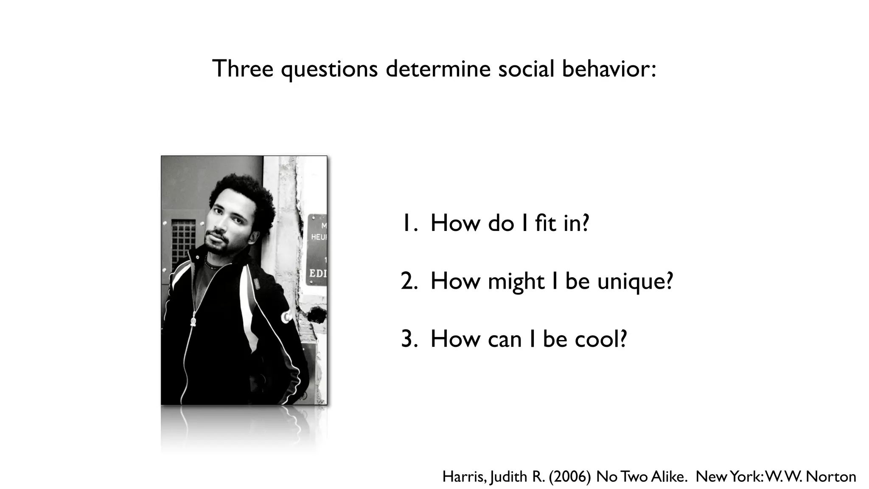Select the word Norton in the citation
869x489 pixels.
pos(830,477)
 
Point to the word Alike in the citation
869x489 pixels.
pos(669,477)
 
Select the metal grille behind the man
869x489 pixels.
pos(183,244)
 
